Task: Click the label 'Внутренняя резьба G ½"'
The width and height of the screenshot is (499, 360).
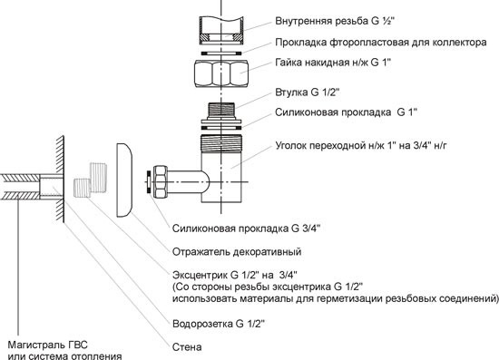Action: [x=335, y=21]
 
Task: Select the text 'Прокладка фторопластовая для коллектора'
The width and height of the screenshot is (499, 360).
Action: [x=381, y=43]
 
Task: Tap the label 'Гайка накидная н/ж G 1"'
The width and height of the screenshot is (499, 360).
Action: [x=333, y=63]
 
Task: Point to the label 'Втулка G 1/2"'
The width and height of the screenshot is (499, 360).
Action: [x=308, y=92]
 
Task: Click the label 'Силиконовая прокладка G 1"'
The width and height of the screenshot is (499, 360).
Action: [x=347, y=112]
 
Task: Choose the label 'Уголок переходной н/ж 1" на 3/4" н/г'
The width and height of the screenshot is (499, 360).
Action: [x=361, y=146]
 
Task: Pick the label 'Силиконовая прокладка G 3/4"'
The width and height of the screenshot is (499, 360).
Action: [x=246, y=229]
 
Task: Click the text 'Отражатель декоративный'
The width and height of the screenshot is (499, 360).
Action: [x=237, y=252]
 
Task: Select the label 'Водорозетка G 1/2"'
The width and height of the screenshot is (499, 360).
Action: [x=219, y=324]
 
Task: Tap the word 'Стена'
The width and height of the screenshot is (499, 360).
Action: [x=187, y=347]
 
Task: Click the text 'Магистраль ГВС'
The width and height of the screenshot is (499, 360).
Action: [x=47, y=345]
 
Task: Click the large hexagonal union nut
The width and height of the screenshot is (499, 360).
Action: [x=221, y=73]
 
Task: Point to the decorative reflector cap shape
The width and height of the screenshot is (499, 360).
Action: [x=124, y=180]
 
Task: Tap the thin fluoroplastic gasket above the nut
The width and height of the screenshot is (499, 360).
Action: [x=221, y=53]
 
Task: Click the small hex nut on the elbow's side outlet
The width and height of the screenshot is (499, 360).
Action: [x=161, y=182]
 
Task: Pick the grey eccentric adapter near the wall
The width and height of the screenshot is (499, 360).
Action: [x=91, y=180]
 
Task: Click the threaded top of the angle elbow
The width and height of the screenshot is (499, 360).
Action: [x=221, y=141]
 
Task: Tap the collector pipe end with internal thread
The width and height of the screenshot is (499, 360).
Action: [x=221, y=31]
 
